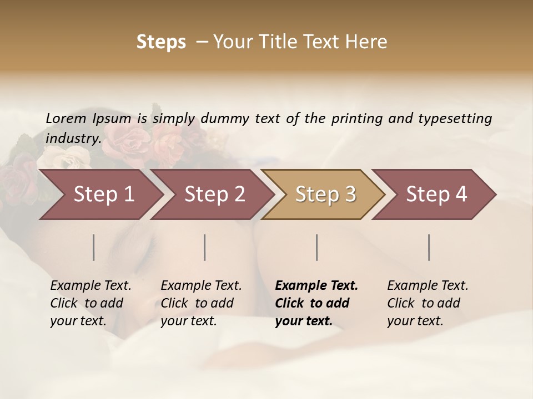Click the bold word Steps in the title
click(x=161, y=42)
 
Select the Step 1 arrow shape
click(x=103, y=195)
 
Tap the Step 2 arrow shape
click(x=214, y=195)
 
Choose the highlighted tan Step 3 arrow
click(x=325, y=195)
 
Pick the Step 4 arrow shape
click(x=436, y=195)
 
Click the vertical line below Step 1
click(x=94, y=247)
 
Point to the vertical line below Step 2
click(x=205, y=247)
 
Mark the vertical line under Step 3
click(x=317, y=247)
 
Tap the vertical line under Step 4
click(x=429, y=247)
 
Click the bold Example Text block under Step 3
click(x=316, y=303)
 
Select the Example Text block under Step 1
click(x=90, y=303)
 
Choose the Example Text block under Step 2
click(x=201, y=303)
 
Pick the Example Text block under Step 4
click(x=428, y=303)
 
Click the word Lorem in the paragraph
click(x=66, y=119)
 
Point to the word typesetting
click(x=455, y=119)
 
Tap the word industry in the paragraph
click(x=73, y=139)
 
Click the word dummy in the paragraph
click(x=225, y=119)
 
